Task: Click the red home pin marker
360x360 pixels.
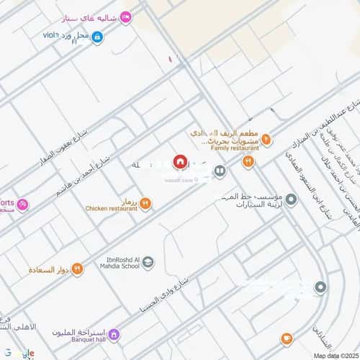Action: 180,161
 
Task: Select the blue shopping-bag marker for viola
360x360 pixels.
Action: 97,37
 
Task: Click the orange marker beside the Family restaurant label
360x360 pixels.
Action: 266,138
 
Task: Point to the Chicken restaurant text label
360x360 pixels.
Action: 107,209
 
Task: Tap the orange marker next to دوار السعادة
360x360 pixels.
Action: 77,269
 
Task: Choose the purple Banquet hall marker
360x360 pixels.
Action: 113,336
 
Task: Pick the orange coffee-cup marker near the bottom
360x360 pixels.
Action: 287,338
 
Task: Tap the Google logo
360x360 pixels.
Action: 17,352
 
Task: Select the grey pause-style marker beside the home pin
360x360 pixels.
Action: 220,171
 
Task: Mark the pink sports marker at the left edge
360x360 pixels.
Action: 22,204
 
